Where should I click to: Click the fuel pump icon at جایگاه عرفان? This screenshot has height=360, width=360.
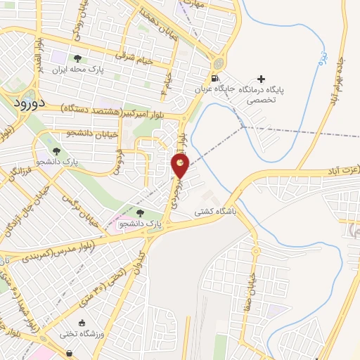(x=214, y=79)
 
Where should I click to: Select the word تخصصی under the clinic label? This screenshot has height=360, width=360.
(x=261, y=100)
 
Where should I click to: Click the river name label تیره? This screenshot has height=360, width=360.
(x=319, y=54)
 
